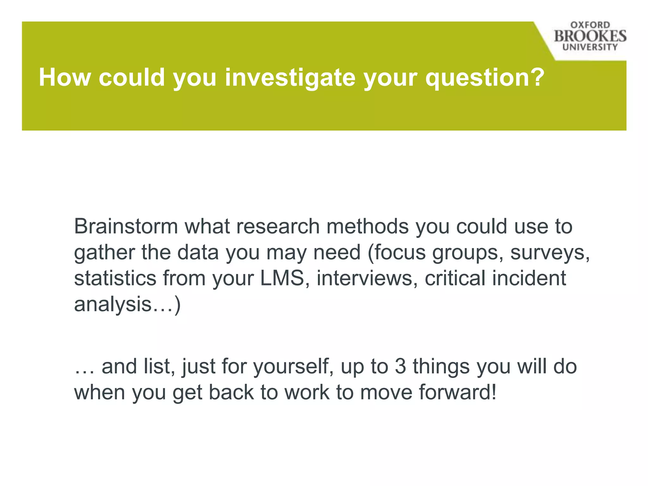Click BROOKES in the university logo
(x=590, y=36)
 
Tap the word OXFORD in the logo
(x=590, y=25)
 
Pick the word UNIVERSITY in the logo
(x=590, y=47)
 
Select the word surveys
(x=550, y=252)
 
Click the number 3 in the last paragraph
(x=400, y=366)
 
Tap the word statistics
(x=115, y=278)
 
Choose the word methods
(x=367, y=227)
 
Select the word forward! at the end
(x=458, y=392)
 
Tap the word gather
(x=104, y=252)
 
